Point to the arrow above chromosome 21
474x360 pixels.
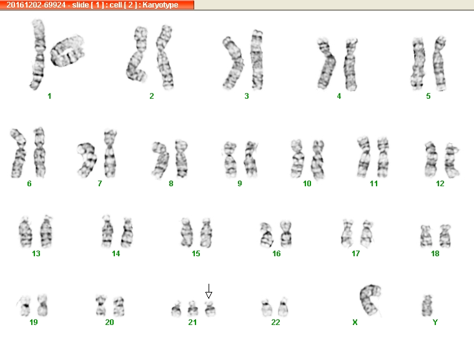[209, 291]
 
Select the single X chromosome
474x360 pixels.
[370, 299]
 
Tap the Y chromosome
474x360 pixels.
[427, 306]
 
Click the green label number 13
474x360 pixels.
[36, 254]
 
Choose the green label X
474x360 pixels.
[355, 322]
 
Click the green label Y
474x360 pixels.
[435, 322]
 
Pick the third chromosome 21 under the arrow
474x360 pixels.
[210, 309]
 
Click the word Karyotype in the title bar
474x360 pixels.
[160, 5]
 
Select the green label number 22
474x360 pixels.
[275, 322]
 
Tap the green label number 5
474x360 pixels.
[428, 96]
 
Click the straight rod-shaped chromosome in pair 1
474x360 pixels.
[37, 54]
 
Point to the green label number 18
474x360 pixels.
[435, 254]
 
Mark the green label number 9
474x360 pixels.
[240, 184]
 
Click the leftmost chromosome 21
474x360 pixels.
[176, 309]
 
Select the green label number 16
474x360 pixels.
[277, 254]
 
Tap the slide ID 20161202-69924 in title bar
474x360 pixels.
[36, 5]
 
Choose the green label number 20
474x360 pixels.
[109, 322]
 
